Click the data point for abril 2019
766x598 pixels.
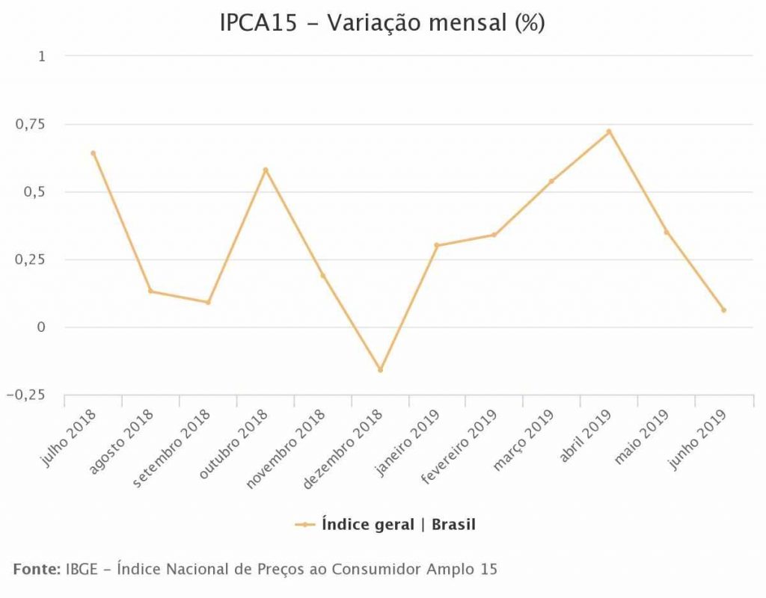[609, 132]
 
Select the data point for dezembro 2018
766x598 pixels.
[380, 370]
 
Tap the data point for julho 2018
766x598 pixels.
[94, 153]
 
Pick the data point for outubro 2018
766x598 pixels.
[266, 170]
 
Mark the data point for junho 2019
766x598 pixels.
[723, 309]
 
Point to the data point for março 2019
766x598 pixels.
[551, 181]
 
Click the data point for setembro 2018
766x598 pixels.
[208, 302]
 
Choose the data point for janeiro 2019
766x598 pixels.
[437, 245]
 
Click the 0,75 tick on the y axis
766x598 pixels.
[31, 124]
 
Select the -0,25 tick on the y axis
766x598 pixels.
[26, 395]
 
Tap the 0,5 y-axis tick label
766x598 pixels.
[34, 192]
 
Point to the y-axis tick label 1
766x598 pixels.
[42, 56]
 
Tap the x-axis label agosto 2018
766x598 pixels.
[121, 440]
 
